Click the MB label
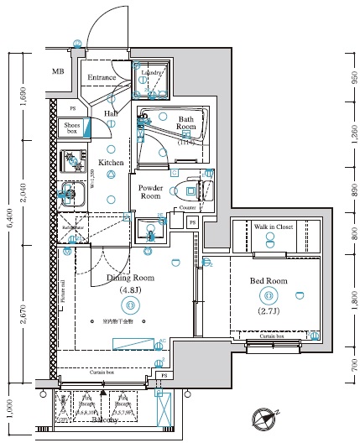(x=58, y=71)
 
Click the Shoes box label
(x=73, y=128)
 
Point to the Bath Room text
(x=185, y=125)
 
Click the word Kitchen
(x=112, y=162)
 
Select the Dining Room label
(x=130, y=277)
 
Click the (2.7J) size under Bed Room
(x=269, y=311)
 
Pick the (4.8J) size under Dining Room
(x=130, y=291)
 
